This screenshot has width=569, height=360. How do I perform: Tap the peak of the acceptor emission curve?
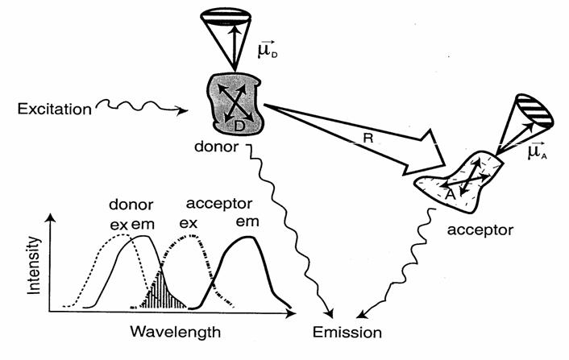tap(247, 239)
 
